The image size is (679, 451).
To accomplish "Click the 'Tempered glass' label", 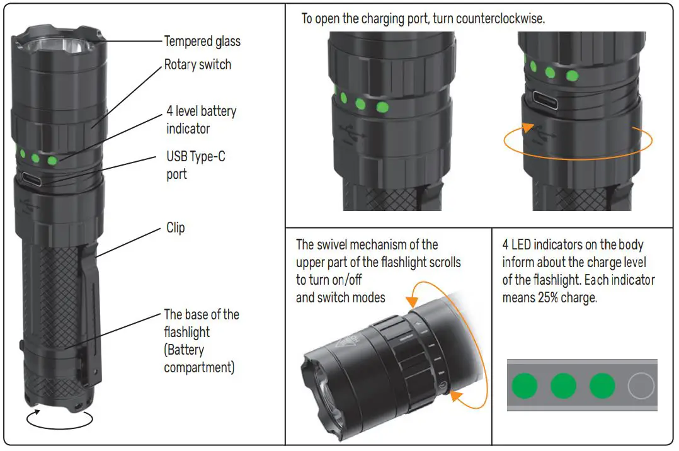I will click(202, 42).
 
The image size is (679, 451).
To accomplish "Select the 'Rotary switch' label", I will click(197, 65).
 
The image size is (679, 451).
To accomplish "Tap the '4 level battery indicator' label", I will click(201, 120).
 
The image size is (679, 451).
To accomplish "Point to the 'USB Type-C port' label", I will click(195, 165).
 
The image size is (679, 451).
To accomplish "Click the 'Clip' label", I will click(176, 227).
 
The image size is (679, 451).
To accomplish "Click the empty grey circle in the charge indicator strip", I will click(641, 385).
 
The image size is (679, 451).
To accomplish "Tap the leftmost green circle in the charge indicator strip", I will click(524, 385).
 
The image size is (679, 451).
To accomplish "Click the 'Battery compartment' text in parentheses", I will click(198, 358).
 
